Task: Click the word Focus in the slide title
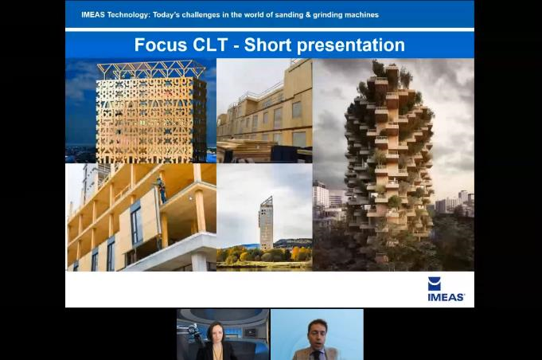pos(161,45)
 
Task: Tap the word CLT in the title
pos(210,45)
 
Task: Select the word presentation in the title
pos(351,45)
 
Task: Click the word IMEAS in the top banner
pos(92,15)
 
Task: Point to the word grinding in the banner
pos(326,15)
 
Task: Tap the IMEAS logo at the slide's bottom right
pos(446,289)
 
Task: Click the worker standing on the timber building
pos(161,190)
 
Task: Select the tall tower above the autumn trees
pos(266,223)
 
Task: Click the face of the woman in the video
pos(216,334)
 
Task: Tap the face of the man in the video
pos(318,335)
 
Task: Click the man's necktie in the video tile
pos(317,355)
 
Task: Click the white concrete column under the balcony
pos(199,261)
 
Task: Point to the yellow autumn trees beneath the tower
pos(264,254)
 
